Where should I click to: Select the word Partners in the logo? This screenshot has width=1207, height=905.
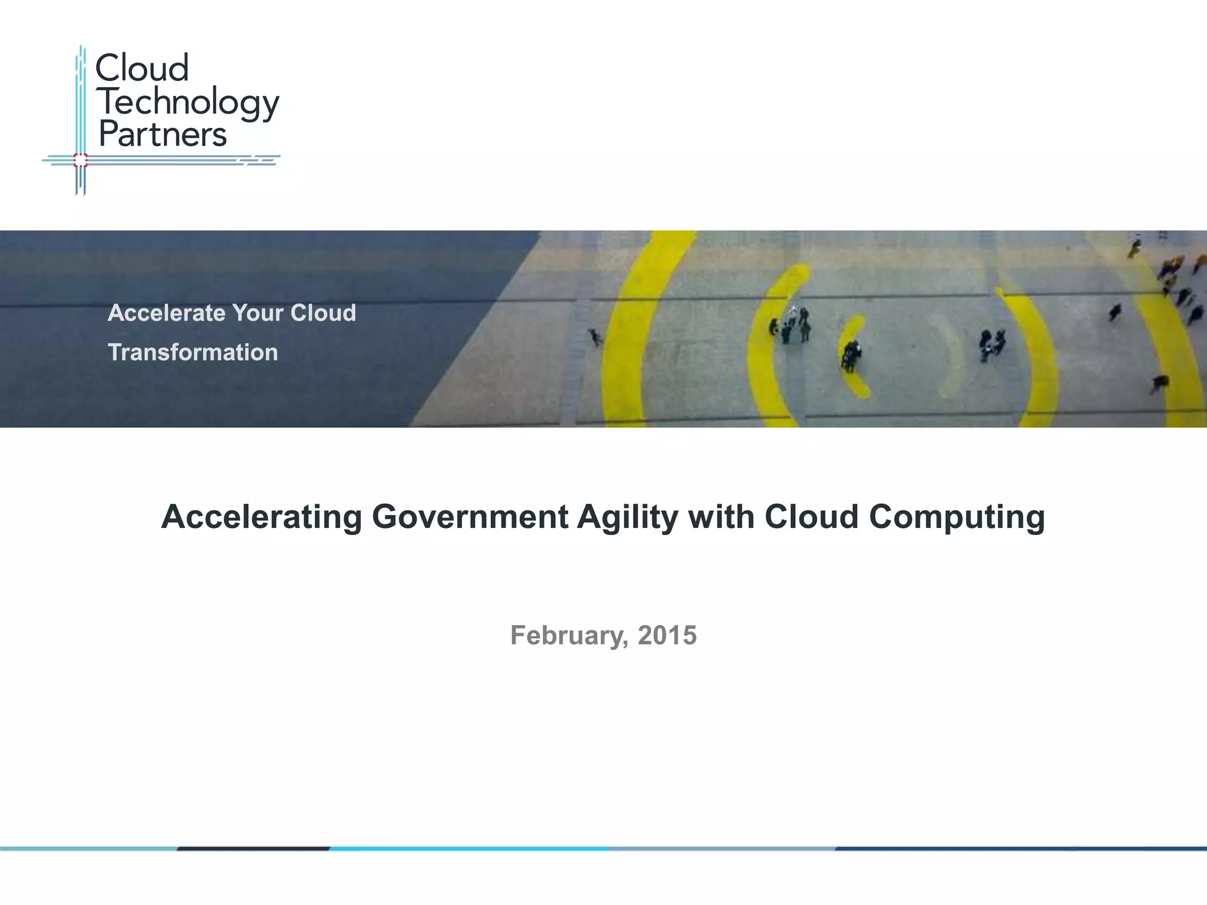click(163, 134)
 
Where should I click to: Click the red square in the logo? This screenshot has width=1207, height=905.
click(81, 160)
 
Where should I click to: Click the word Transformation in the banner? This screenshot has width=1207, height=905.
click(193, 352)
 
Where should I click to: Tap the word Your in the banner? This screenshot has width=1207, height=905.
click(258, 313)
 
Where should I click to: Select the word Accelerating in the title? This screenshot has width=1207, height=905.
click(261, 517)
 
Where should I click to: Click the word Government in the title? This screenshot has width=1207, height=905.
click(470, 517)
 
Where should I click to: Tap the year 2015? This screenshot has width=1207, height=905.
click(667, 635)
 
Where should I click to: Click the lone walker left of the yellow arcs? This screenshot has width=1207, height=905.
click(596, 337)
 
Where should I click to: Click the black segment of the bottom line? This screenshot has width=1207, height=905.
click(253, 848)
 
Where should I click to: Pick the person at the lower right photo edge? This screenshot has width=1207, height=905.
click(1159, 384)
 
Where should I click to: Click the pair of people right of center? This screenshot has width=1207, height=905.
click(992, 345)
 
